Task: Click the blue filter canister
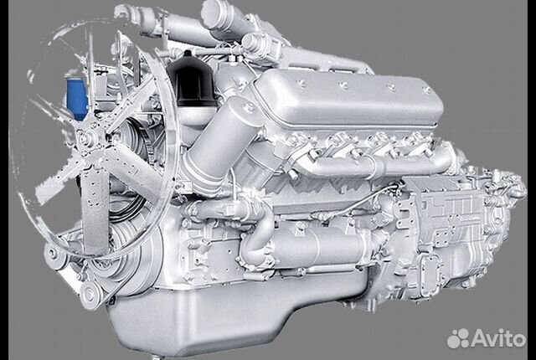[76, 98]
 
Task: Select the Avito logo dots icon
[459, 338]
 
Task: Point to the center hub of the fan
[85, 139]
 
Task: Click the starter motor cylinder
[318, 244]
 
